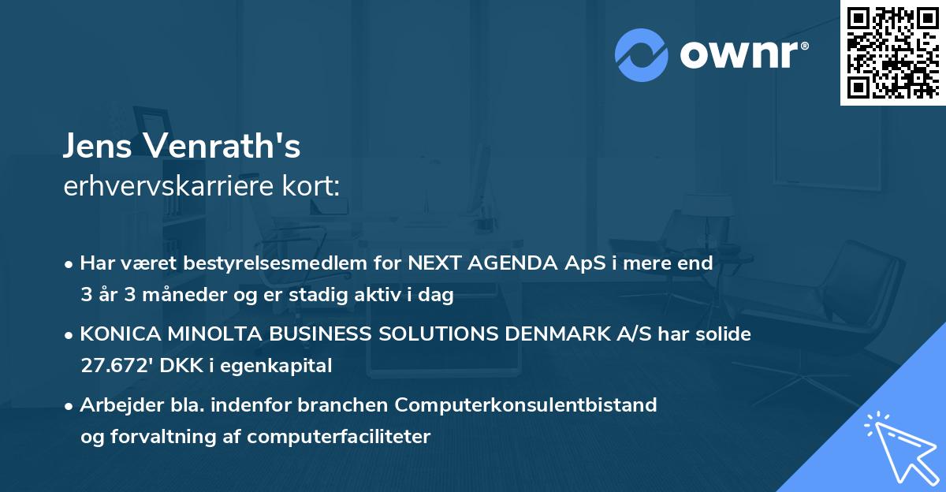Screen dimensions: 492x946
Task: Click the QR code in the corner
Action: pyautogui.click(x=892, y=53)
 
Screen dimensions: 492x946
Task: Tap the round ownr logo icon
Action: pyautogui.click(x=642, y=54)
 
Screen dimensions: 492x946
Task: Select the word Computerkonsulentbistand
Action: pyautogui.click(x=526, y=405)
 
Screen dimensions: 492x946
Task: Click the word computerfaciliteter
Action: pyautogui.click(x=350, y=437)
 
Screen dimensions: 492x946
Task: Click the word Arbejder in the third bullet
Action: pyautogui.click(x=115, y=405)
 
